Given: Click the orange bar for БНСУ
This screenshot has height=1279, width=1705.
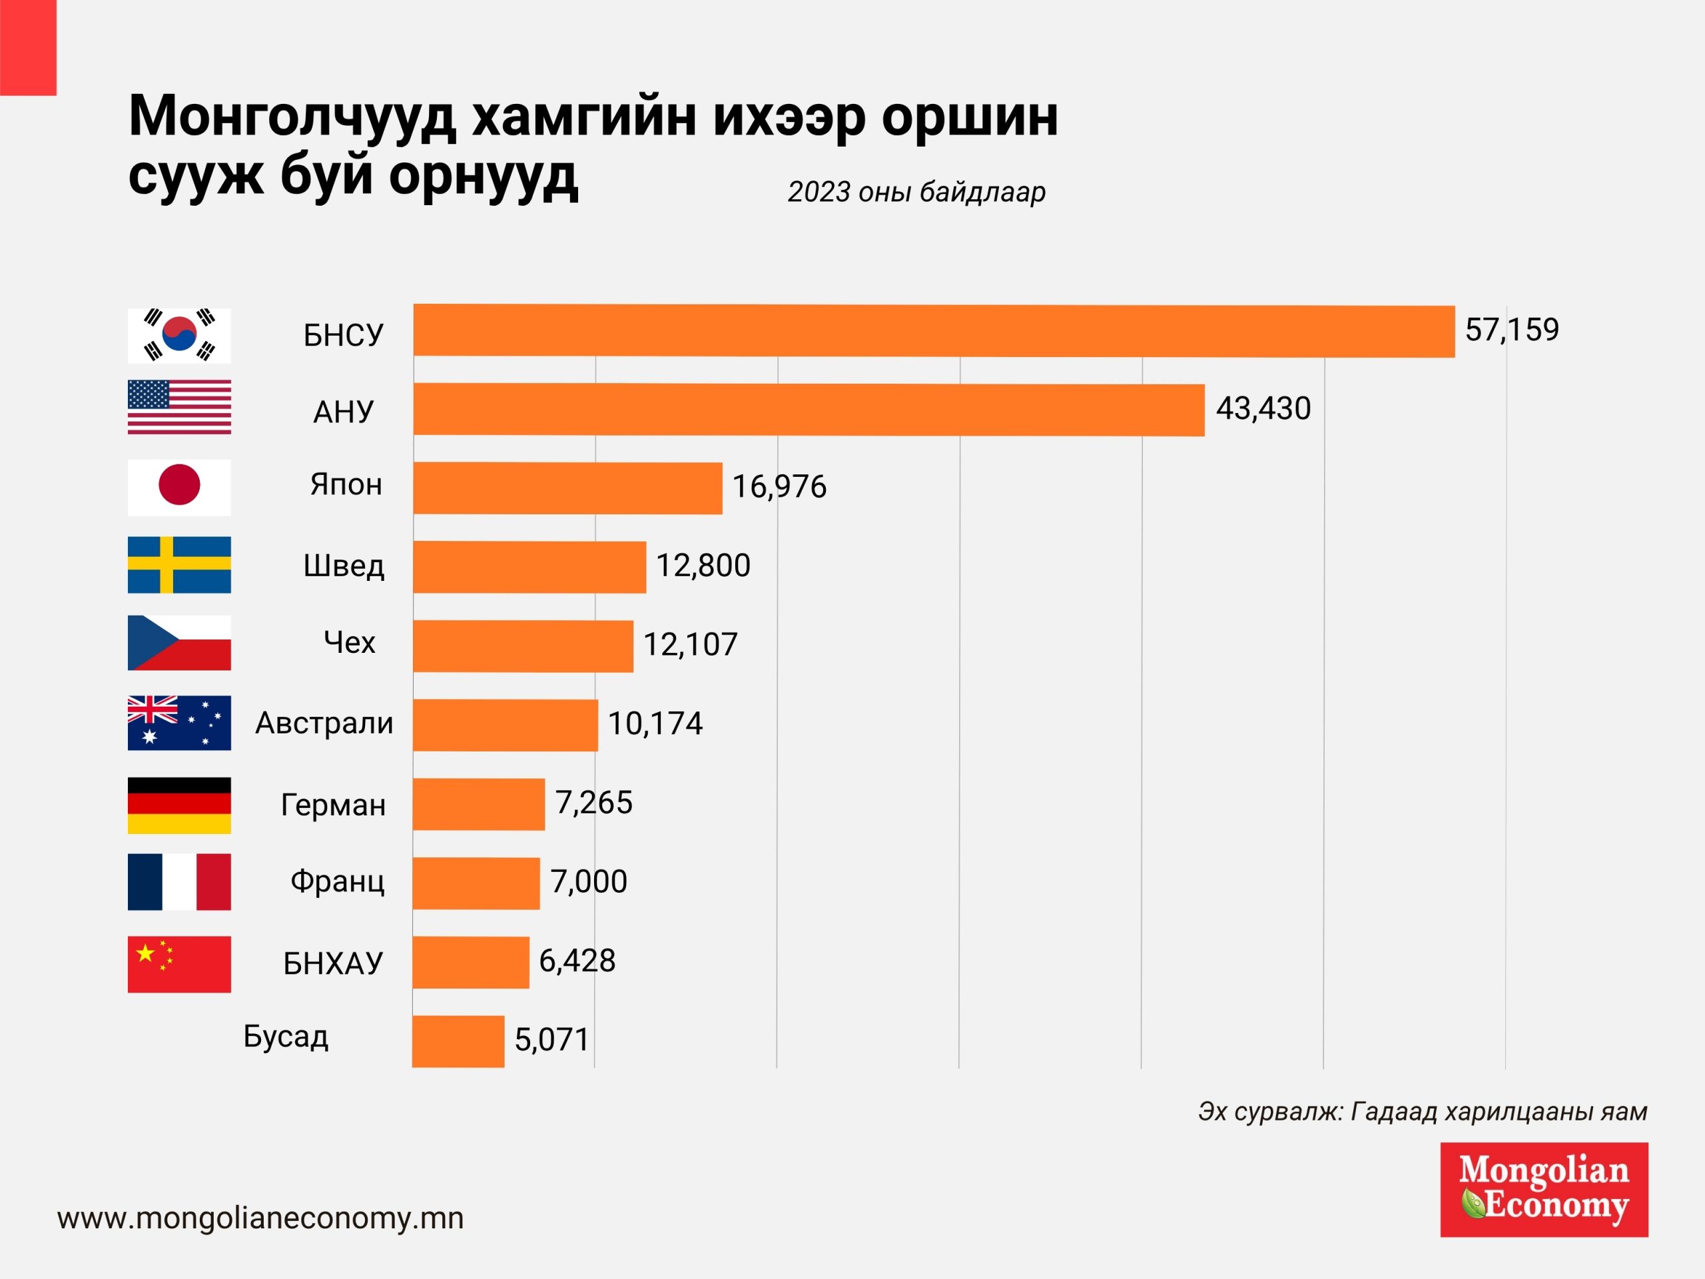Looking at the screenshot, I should click(934, 330).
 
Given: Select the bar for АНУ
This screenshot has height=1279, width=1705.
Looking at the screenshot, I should click(809, 410).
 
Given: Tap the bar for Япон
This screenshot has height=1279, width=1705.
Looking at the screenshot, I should click(567, 488).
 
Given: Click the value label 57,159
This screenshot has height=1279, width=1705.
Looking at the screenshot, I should click(1512, 330).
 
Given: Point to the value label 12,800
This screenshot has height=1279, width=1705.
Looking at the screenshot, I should click(703, 566).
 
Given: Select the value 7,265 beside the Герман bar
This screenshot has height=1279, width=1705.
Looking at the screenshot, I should click(593, 803).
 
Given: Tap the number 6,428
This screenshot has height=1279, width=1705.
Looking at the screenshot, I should click(577, 961).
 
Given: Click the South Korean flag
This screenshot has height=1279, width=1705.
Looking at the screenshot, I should click(178, 335).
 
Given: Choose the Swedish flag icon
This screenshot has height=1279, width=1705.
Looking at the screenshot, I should click(178, 565).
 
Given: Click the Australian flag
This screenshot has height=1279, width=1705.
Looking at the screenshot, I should click(178, 723).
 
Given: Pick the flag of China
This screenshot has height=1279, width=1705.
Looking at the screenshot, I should click(178, 964).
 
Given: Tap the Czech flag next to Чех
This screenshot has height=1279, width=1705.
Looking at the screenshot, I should click(178, 643).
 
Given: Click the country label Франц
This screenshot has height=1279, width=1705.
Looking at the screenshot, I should click(337, 881).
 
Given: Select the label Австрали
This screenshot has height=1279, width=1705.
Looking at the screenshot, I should click(324, 723).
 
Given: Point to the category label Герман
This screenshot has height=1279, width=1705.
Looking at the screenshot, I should click(333, 805).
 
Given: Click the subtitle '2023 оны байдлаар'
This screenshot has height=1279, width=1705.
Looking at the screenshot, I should click(916, 192).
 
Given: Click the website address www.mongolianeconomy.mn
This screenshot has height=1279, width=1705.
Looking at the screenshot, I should click(260, 1218).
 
